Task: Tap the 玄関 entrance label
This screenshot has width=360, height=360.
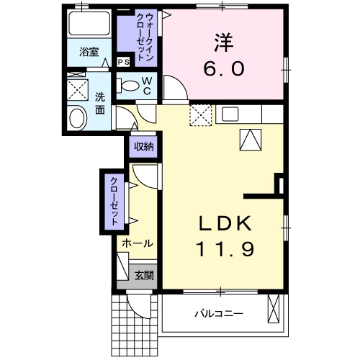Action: pos(143,274)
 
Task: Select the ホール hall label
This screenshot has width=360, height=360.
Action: pos(137,243)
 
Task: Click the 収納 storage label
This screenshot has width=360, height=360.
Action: pos(143,147)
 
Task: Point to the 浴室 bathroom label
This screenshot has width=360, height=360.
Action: pos(89,52)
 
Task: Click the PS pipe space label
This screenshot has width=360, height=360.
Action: pos(123,62)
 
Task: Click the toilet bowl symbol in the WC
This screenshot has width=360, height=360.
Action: pos(130,86)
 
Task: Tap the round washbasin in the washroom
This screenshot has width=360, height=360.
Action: pos(76,118)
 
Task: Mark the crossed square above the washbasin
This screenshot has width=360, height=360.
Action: pos(77,90)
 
